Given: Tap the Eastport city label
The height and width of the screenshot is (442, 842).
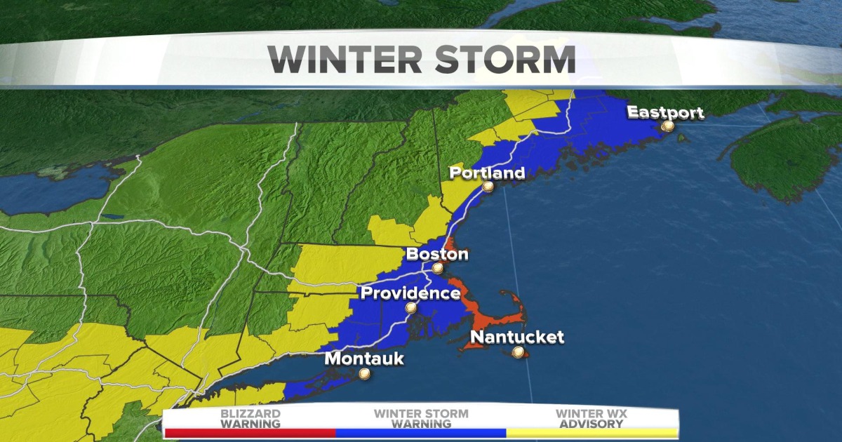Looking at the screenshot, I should [664, 112].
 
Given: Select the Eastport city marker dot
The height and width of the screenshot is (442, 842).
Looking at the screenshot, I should [667, 126].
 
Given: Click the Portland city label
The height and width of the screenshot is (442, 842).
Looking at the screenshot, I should [486, 173].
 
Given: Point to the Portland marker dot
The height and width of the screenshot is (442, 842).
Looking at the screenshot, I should [488, 187].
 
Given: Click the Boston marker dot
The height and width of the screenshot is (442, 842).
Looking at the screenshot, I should [438, 268].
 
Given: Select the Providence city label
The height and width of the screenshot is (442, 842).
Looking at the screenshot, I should [410, 293].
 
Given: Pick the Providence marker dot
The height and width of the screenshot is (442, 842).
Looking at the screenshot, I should [410, 307].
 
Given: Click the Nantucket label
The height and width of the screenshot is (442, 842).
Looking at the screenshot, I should [516, 337].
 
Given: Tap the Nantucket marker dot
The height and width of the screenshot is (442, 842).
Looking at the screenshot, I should [518, 353].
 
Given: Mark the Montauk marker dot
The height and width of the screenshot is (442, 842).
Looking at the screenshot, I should [364, 374].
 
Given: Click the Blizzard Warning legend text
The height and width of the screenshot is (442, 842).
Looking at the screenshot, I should [250, 419].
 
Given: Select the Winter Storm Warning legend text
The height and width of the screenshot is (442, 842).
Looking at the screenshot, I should [421, 419].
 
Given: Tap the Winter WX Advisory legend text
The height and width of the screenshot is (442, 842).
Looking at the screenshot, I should [592, 419].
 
